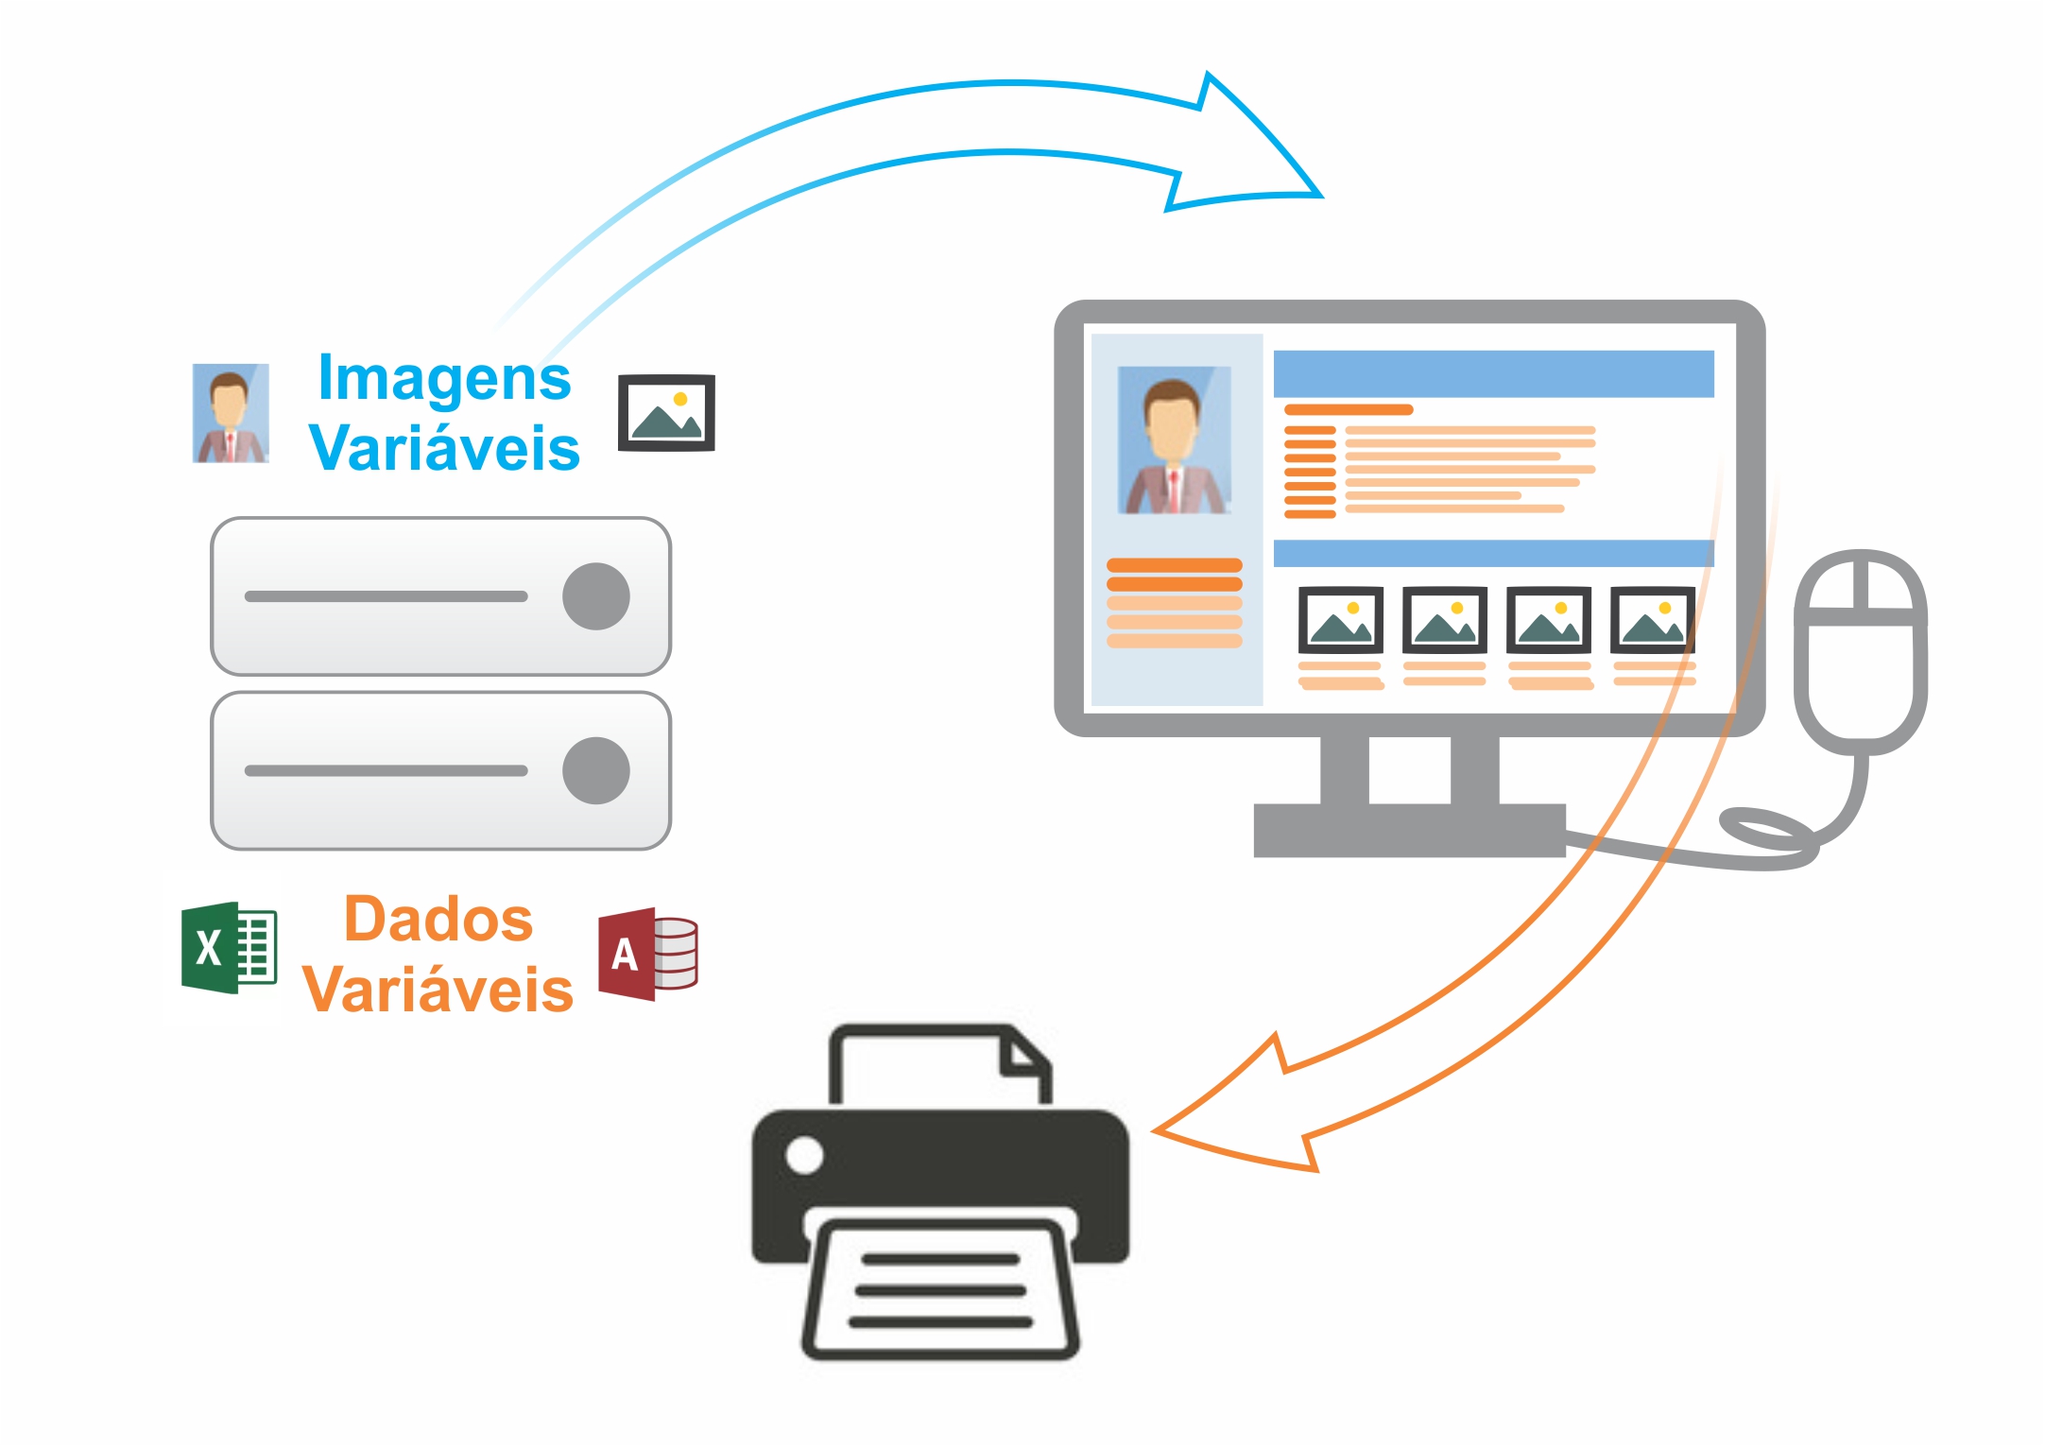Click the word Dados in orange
(438, 920)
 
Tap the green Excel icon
(229, 947)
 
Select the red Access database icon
(647, 954)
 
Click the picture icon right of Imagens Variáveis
(666, 413)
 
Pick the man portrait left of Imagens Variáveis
(231, 413)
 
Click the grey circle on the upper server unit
(595, 596)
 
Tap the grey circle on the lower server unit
(595, 770)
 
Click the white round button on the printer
(804, 1155)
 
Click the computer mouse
(1860, 652)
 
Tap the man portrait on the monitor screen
(1175, 440)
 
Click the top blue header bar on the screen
(1493, 374)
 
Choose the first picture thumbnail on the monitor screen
(1340, 620)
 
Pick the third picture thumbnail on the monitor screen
(1548, 620)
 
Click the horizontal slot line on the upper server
(386, 596)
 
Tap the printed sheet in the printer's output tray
(940, 1290)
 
